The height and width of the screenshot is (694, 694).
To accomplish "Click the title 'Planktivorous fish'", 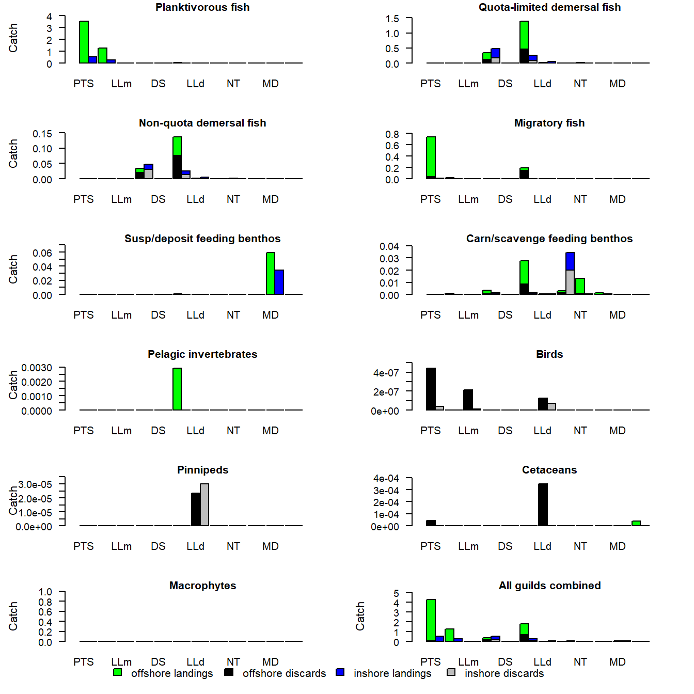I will click(x=202, y=7).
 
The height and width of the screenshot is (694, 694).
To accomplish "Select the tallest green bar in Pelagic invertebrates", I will click(x=177, y=389).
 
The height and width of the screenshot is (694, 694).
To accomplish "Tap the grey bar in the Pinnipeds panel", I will click(x=204, y=504).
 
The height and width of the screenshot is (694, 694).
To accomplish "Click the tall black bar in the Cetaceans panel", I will click(x=543, y=504).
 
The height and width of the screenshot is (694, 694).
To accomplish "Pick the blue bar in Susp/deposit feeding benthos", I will click(x=279, y=282).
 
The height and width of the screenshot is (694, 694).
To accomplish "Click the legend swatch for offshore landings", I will click(x=118, y=672).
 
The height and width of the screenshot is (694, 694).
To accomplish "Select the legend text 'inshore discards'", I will click(x=504, y=673).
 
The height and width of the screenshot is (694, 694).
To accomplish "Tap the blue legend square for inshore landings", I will click(x=340, y=672).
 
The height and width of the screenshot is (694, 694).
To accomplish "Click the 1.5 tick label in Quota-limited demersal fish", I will click(x=392, y=19).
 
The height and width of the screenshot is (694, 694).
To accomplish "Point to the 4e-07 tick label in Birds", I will click(x=386, y=373).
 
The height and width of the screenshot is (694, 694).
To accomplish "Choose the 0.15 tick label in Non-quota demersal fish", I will click(x=42, y=134).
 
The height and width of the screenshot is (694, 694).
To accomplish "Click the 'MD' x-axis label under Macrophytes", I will click(x=271, y=661).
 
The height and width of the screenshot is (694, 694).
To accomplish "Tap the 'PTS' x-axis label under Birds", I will click(x=431, y=431).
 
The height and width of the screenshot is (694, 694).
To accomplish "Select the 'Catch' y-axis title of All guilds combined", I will click(x=360, y=616).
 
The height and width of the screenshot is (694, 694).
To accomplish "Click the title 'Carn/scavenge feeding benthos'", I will click(x=549, y=239).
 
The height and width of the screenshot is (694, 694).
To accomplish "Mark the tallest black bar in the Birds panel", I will click(x=431, y=389).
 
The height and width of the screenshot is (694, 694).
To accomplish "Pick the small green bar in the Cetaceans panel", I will click(x=636, y=523).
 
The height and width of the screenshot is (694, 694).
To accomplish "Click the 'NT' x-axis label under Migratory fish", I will click(x=580, y=199).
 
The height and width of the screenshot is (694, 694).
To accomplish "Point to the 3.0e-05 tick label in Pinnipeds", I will click(x=35, y=485).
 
